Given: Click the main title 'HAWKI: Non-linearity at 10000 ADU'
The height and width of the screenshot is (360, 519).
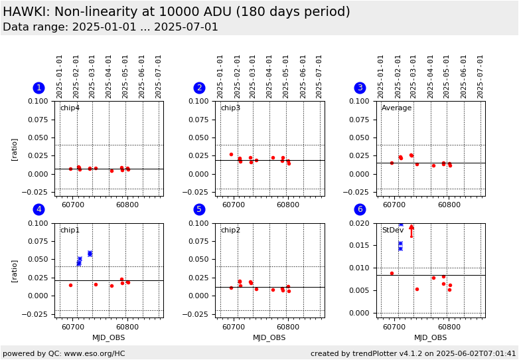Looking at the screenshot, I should coord(177,12).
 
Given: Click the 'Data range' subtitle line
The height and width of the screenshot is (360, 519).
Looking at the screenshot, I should coord(110,27).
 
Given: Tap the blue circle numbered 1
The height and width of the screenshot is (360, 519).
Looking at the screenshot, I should coord(38,88).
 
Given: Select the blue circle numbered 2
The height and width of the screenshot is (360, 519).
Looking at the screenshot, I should coord(199,88).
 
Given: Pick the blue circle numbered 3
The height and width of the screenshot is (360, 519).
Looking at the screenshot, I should coord(360,88).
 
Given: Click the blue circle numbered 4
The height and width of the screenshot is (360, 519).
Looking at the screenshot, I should coord(38,209).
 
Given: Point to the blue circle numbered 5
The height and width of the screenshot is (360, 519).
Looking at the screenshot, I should coord(199,209).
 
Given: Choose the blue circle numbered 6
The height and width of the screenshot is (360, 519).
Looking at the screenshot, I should coord(360,209).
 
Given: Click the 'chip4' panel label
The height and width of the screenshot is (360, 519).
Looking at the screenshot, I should coord(70,108).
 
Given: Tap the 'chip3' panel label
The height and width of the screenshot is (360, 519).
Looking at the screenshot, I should coord(230,108).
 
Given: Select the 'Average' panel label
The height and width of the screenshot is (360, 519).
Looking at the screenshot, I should coord(396,108).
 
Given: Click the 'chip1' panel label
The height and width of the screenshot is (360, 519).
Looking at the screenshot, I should coord(70,230).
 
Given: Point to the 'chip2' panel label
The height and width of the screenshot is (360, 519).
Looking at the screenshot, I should coord(230,230).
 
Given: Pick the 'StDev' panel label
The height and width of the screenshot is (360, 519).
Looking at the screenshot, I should coord(392,230).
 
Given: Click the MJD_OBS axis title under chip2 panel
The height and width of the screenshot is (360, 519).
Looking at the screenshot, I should coord(269,338).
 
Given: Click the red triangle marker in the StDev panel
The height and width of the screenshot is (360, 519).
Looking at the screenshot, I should coord(411,227).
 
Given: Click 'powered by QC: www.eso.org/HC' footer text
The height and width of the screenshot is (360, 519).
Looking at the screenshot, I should coord(64,354).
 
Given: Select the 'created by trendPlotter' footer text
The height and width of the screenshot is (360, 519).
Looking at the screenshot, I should coord(413,354).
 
